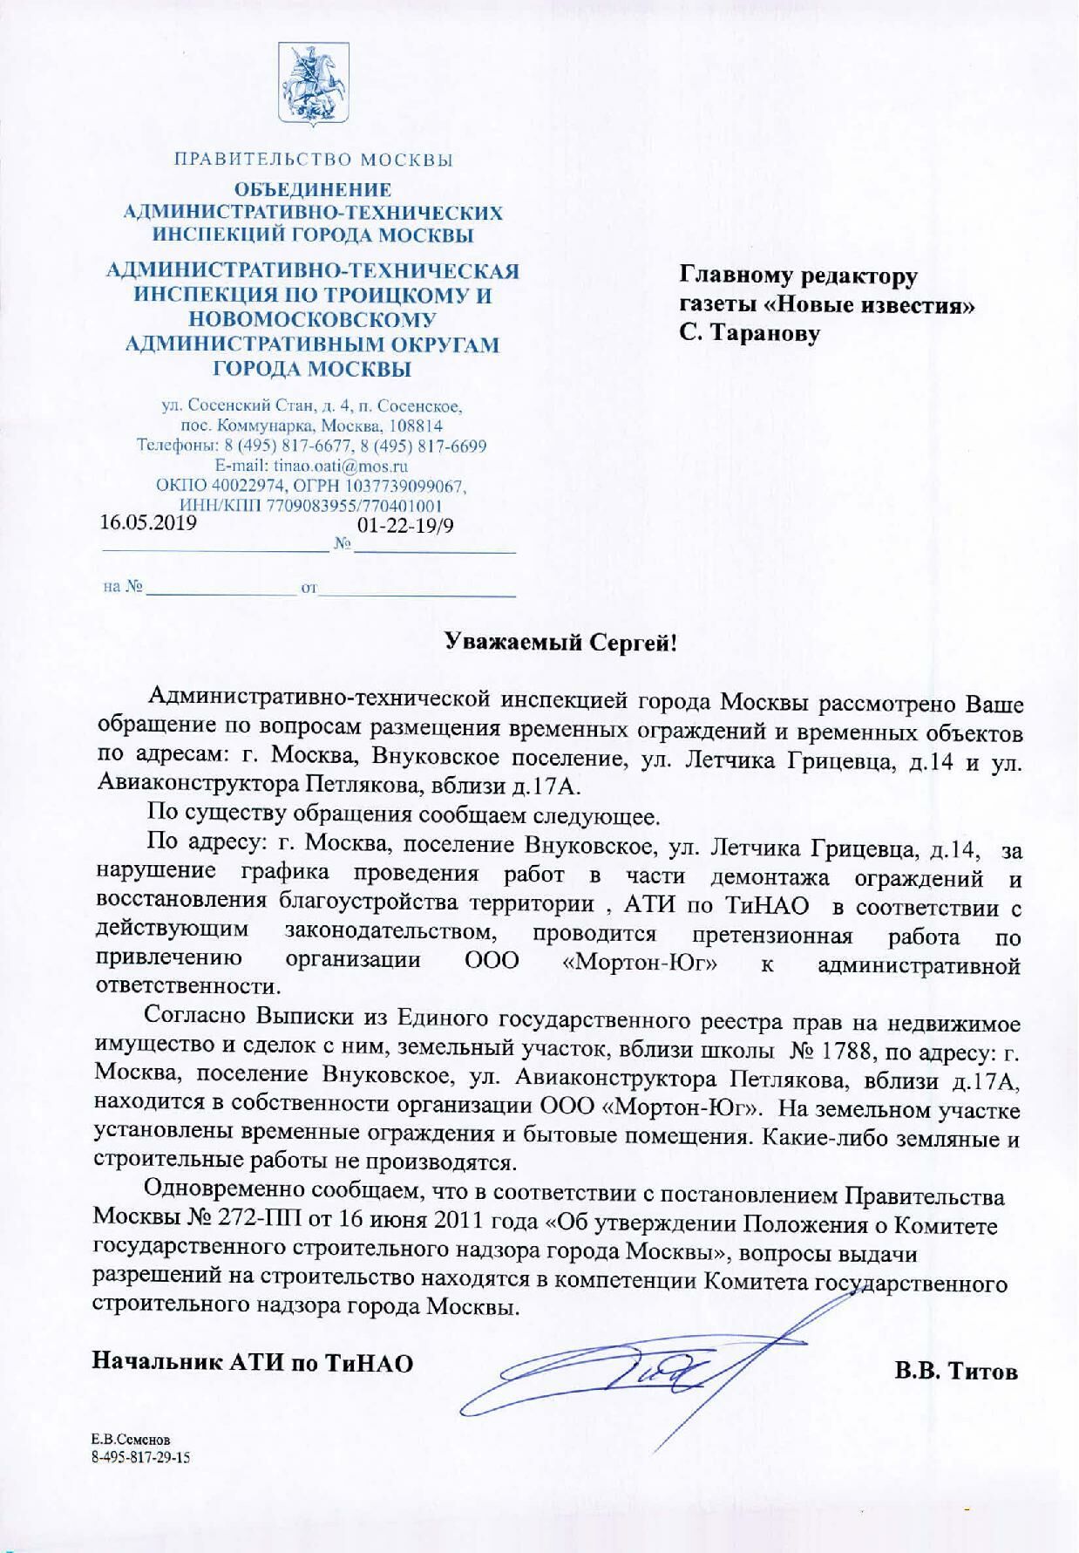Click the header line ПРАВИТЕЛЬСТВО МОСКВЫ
pyautogui.click(x=314, y=160)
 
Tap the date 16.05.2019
pyautogui.click(x=148, y=523)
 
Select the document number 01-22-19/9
pyautogui.click(x=406, y=526)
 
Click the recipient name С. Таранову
pyautogui.click(x=750, y=333)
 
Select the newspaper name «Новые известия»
pyautogui.click(x=875, y=305)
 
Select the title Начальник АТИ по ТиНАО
pyautogui.click(x=253, y=1363)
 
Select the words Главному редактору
pyautogui.click(x=798, y=276)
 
